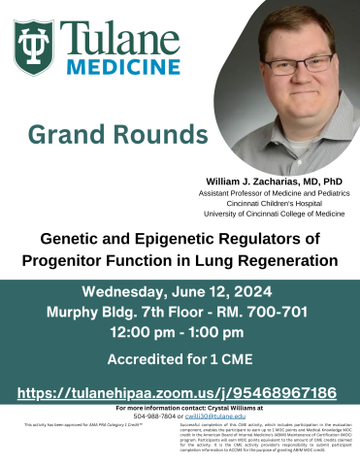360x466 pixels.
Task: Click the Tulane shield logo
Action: pyautogui.click(x=35, y=49)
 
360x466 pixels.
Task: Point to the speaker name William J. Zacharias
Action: pyautogui.click(x=275, y=181)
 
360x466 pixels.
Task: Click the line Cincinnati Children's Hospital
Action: pyautogui.click(x=275, y=203)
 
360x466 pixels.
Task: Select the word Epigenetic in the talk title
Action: pyautogui.click(x=179, y=239)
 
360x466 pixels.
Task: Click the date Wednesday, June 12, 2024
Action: pyautogui.click(x=180, y=292)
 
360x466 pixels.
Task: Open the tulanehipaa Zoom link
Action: pyautogui.click(x=180, y=392)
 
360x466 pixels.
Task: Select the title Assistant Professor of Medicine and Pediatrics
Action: pyautogui.click(x=275, y=193)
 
